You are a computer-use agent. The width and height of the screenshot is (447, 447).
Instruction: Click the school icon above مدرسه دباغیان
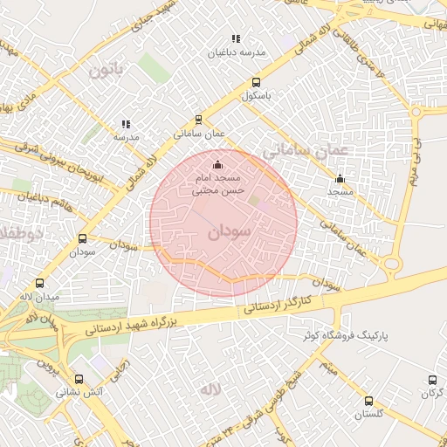tap(235, 38)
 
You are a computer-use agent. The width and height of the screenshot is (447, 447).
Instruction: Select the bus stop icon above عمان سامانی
tap(199, 120)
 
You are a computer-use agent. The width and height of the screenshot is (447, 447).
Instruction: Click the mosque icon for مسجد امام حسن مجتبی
tap(217, 164)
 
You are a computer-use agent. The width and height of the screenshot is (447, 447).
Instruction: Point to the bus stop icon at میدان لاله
tap(39, 283)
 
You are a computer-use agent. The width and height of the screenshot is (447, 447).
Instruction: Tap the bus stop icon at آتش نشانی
tap(79, 379)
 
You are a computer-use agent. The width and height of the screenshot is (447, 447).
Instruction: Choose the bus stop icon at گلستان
tap(368, 402)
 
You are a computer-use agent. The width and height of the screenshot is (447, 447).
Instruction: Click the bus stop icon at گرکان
tap(433, 380)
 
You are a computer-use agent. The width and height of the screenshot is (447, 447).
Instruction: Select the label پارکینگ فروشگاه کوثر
tap(340, 335)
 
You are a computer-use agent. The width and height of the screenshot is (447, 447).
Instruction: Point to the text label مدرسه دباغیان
tap(236, 53)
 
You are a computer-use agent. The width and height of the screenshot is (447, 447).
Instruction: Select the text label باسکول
tap(258, 94)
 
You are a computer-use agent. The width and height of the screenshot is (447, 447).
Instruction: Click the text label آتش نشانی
tap(79, 393)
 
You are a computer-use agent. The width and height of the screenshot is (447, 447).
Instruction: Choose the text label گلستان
tap(368, 416)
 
